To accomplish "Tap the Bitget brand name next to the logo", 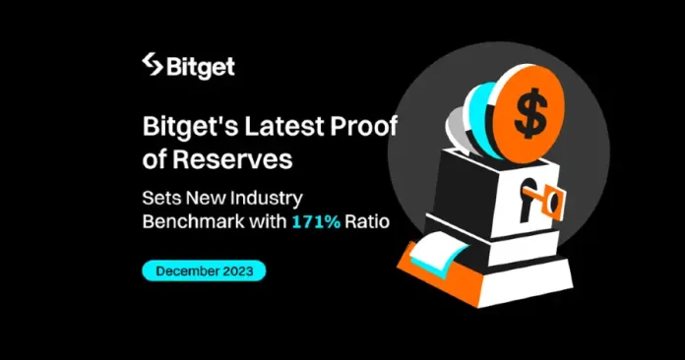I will tap(203, 68).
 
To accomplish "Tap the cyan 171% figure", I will tap(316, 222).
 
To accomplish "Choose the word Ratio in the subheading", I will tap(368, 222).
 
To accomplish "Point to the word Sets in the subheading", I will tap(160, 197).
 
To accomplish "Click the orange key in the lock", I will tap(548, 205).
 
